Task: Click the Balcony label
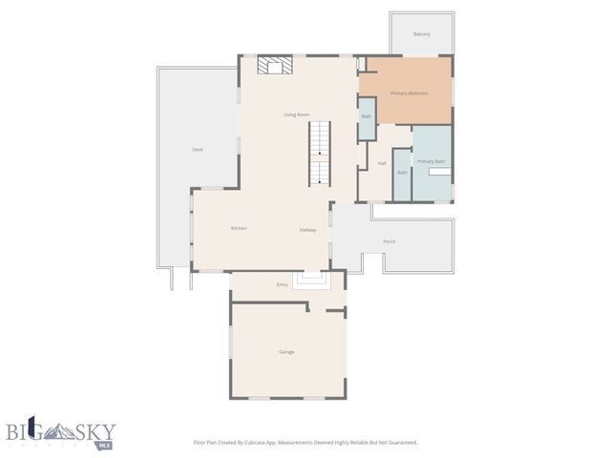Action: [x=421, y=34]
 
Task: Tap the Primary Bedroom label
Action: [x=409, y=94]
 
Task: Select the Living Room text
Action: [x=296, y=115]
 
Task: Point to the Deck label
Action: [x=198, y=150]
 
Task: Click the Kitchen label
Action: [x=239, y=228]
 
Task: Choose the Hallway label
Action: [x=307, y=230]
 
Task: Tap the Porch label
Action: [x=390, y=241]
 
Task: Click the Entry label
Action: [x=282, y=285]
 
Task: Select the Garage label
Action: [x=286, y=352]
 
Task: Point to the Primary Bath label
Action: [x=431, y=161]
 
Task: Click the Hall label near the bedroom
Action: [x=382, y=163]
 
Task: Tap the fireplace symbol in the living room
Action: [x=275, y=65]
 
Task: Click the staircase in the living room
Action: [x=320, y=154]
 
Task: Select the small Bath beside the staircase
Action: [x=366, y=117]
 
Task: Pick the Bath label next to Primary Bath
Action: [x=402, y=173]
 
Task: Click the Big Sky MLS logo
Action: [x=59, y=431]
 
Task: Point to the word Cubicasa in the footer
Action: [x=257, y=443]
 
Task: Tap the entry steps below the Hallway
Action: [x=310, y=278]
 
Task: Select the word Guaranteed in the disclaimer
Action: [x=399, y=443]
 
